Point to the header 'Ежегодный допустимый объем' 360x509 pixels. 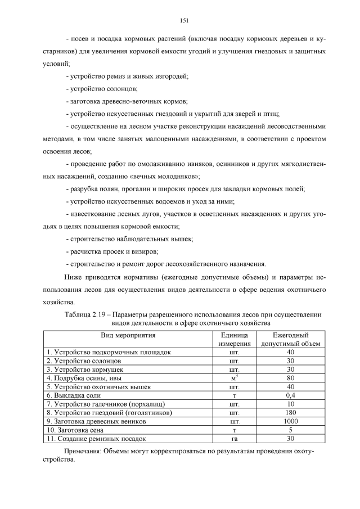(x=290, y=339)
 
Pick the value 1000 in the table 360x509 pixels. (x=290, y=421)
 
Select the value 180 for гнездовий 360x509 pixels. (x=290, y=412)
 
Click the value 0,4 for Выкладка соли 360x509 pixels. (x=290, y=395)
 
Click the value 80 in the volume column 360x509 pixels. (x=290, y=379)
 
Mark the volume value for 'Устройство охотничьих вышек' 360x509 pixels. (x=290, y=387)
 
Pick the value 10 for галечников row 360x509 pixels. (x=290, y=404)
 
